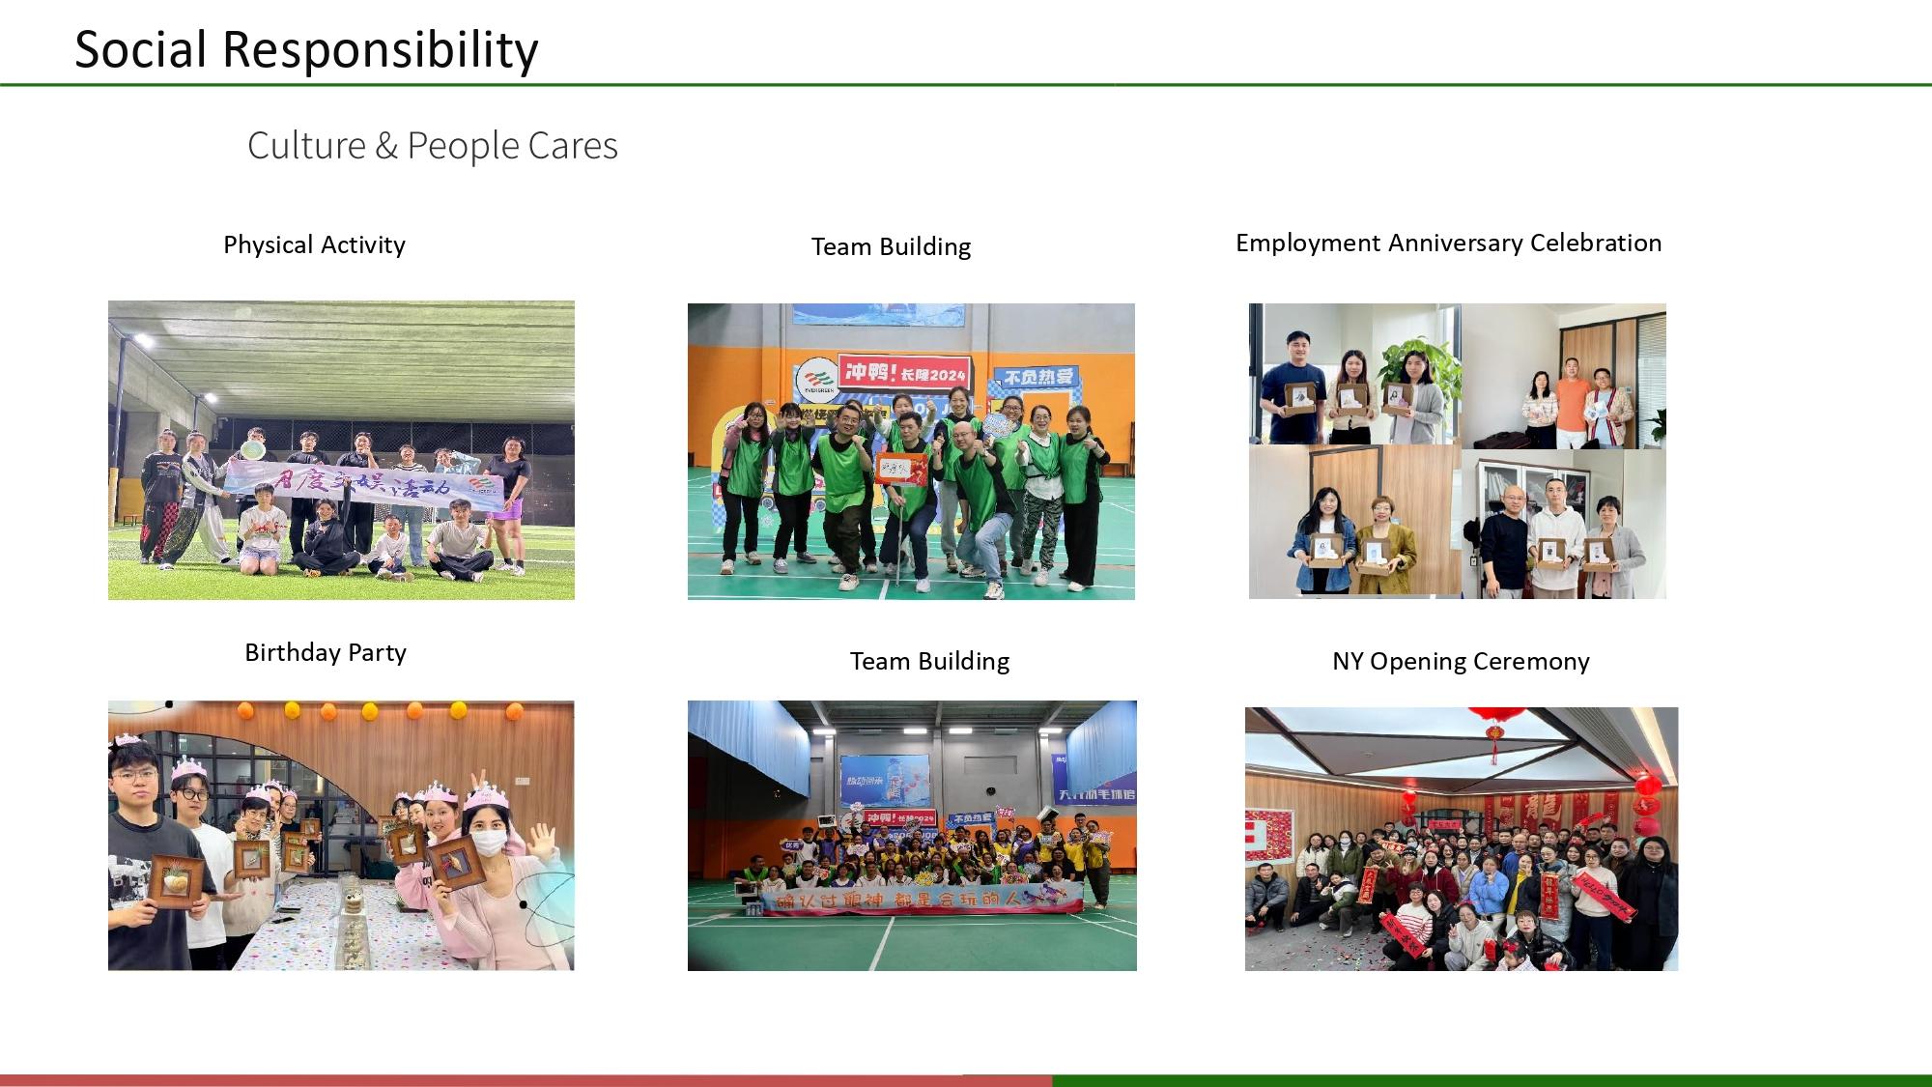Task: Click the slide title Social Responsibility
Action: pos(306,48)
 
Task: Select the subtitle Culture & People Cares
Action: pos(432,146)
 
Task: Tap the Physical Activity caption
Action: pos(314,245)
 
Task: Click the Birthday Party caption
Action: pos(325,653)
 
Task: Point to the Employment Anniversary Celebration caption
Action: pos(1448,243)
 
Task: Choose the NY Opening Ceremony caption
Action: pos(1460,662)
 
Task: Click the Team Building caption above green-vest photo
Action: pos(891,247)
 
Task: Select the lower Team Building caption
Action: pos(929,662)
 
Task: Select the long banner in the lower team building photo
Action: pos(923,899)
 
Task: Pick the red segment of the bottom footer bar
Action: pos(526,1080)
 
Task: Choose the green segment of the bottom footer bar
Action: pos(1492,1080)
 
